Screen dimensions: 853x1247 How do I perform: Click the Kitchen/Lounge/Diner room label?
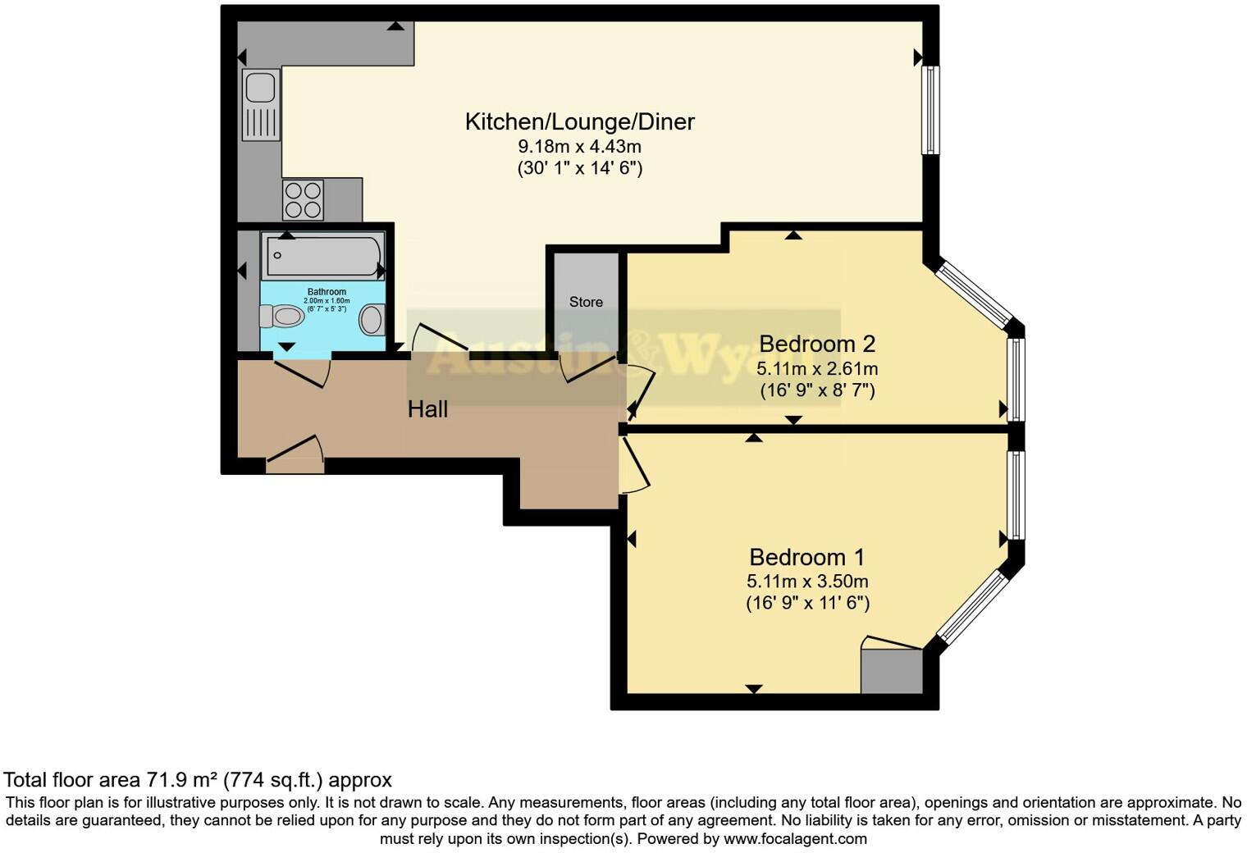[579, 121]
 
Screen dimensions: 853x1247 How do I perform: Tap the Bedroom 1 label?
[806, 558]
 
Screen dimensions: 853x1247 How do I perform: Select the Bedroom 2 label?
[817, 344]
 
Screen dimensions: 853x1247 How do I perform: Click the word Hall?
[427, 409]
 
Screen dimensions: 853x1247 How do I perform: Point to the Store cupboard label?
[586, 302]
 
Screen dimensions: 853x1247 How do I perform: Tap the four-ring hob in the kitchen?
[303, 200]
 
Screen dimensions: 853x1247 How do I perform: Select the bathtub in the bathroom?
[322, 255]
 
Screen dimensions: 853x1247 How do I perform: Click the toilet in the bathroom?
[281, 316]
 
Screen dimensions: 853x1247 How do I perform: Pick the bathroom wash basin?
[372, 319]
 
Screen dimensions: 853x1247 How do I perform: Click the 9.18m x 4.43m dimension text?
[579, 147]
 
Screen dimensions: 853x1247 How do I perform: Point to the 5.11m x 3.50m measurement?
[807, 582]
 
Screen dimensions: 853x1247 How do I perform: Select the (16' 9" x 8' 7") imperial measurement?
[817, 390]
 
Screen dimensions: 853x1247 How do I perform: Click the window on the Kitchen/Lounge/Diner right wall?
[930, 110]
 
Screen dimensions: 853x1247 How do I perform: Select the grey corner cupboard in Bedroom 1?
[892, 671]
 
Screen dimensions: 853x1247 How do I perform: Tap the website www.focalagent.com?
[795, 839]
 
